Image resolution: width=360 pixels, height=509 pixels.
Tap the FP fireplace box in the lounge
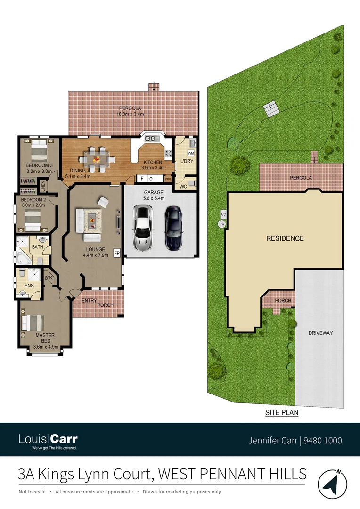117,254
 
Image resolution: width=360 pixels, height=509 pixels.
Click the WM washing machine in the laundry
191,154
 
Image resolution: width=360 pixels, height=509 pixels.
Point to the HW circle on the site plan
221,224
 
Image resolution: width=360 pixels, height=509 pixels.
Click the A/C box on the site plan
222,214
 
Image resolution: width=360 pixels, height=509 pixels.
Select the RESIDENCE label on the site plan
285,238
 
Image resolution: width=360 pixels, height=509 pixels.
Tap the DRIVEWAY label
320,333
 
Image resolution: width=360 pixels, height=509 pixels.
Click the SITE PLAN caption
281,412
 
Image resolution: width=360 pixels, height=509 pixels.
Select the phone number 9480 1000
323,441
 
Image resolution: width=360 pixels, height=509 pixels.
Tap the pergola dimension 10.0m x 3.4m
131,114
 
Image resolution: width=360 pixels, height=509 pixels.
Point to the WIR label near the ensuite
49,278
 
